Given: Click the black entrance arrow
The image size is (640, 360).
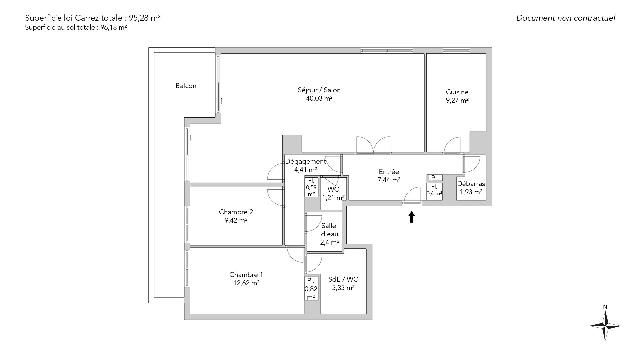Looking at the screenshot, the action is click(x=412, y=217).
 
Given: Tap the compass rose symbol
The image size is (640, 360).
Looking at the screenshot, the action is click(x=605, y=326).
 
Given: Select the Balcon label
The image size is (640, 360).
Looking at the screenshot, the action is click(x=186, y=86).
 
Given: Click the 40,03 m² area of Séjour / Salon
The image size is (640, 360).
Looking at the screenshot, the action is click(x=319, y=98).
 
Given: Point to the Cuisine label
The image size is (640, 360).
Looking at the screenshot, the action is click(x=457, y=92).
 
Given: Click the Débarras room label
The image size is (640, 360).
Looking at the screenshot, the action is click(x=471, y=184).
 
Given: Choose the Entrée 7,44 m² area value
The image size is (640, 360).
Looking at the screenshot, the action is click(x=389, y=180).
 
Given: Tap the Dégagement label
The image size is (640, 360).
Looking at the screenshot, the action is click(x=306, y=162).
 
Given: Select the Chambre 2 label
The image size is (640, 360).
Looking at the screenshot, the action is click(x=236, y=212).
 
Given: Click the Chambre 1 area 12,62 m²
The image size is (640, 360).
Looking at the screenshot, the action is click(x=246, y=283).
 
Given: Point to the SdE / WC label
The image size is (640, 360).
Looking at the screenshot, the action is click(x=343, y=279).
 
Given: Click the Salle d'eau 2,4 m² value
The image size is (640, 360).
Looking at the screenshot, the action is click(x=330, y=242).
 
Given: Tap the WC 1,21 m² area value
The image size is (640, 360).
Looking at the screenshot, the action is click(x=333, y=198).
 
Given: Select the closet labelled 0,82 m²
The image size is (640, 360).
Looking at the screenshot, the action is click(x=311, y=289).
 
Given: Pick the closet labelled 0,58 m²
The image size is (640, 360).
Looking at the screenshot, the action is click(x=311, y=187).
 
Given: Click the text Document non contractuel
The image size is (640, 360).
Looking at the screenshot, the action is click(x=566, y=18).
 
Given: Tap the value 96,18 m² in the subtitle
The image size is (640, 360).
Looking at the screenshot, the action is click(x=114, y=28).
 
